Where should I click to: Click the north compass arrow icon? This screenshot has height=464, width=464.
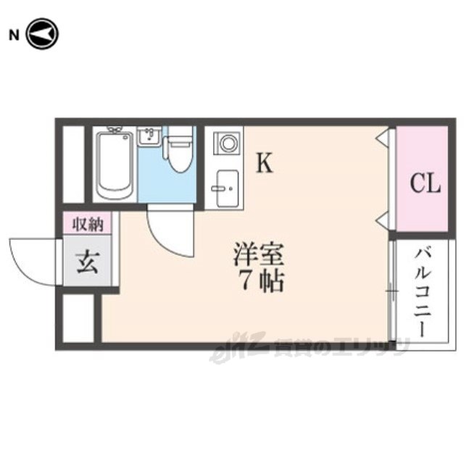click(41, 33)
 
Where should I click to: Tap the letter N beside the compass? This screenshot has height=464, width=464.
click(12, 34)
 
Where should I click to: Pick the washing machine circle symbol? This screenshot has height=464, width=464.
click(228, 142)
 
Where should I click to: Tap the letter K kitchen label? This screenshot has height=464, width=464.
click(265, 164)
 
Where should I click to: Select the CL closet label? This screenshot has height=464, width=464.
click(425, 183)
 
